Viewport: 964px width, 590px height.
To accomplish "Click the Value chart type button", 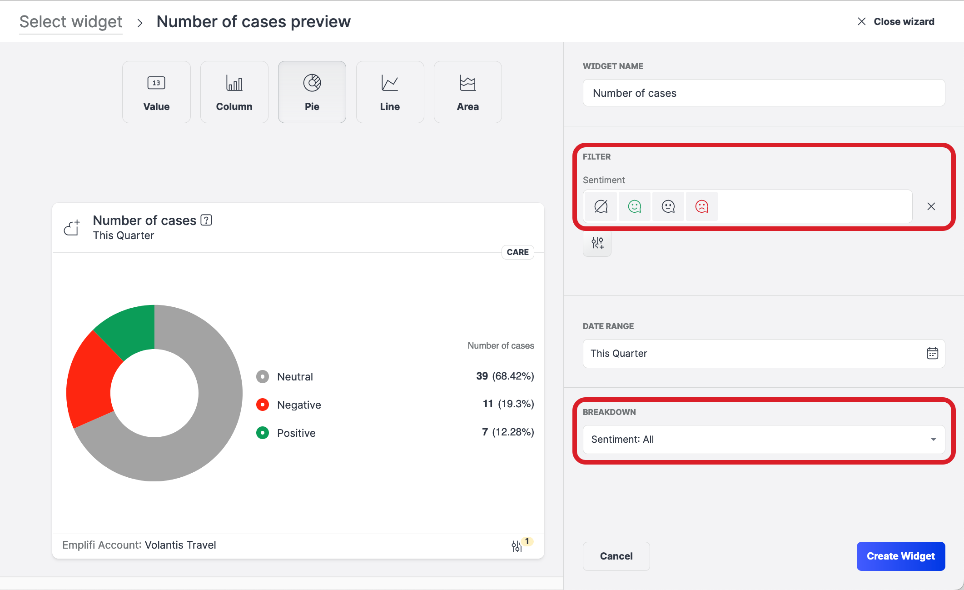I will (156, 92).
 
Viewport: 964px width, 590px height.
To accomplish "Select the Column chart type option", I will (234, 92).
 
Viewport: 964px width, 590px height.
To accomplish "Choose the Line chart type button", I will (390, 92).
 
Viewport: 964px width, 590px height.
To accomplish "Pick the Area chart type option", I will (467, 92).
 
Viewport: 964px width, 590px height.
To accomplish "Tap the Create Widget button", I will (900, 556).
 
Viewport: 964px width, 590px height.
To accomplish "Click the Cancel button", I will (616, 556).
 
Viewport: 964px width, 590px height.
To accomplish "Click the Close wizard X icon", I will (861, 21).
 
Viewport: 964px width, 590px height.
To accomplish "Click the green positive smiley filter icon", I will (634, 206).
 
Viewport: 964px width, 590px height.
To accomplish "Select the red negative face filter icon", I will (701, 206).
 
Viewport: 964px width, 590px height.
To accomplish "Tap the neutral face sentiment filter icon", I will (668, 206).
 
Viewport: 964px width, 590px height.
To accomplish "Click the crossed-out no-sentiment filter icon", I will (601, 206).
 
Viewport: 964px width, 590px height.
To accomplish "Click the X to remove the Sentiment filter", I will (931, 206).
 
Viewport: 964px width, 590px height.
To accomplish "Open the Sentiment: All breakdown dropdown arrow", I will (933, 439).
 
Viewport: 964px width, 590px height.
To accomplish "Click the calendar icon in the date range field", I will (932, 353).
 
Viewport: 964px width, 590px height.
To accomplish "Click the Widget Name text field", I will (763, 93).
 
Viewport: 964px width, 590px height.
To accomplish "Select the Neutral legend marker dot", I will (263, 376).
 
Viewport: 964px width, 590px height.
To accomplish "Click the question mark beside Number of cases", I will (206, 220).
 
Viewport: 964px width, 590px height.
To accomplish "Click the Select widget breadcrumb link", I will (71, 22).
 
